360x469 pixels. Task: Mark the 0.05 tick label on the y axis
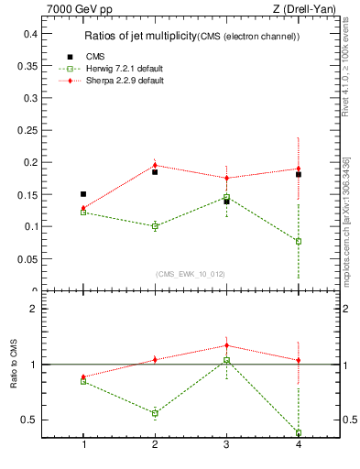pos(28,259)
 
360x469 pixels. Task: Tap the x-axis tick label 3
pos(226,444)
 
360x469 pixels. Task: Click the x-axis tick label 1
pos(83,444)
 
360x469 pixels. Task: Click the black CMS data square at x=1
pos(83,194)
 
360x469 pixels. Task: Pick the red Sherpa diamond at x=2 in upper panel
pos(155,166)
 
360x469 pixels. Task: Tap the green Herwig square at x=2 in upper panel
pos(155,226)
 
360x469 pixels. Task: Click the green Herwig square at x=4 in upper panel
pos(298,241)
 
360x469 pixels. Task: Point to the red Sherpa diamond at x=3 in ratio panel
pos(226,345)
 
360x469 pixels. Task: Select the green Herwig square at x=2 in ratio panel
pos(155,413)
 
